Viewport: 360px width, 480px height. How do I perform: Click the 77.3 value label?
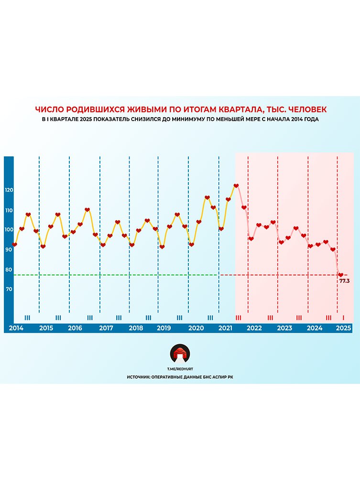click(x=344, y=281)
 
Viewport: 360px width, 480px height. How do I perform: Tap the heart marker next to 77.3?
click(x=340, y=275)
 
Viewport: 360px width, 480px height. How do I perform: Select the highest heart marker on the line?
click(x=236, y=185)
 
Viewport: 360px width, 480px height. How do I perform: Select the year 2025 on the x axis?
click(x=343, y=328)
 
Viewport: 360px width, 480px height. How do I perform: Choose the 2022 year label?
click(x=254, y=328)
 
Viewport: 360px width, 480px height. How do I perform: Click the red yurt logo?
click(x=180, y=354)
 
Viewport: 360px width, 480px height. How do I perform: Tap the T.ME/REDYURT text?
click(x=180, y=369)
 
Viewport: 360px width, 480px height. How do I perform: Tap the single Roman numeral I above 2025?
click(x=343, y=317)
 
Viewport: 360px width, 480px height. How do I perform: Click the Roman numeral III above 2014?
click(x=27, y=317)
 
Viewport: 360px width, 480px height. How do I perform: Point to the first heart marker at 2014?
click(x=15, y=244)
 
